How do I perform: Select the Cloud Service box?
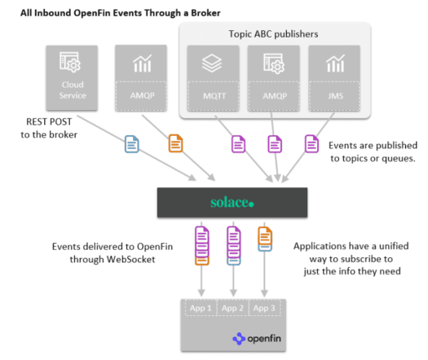click(71, 78)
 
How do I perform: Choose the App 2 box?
click(232, 308)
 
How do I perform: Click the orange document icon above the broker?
click(174, 143)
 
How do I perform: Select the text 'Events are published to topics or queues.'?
click(372, 151)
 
